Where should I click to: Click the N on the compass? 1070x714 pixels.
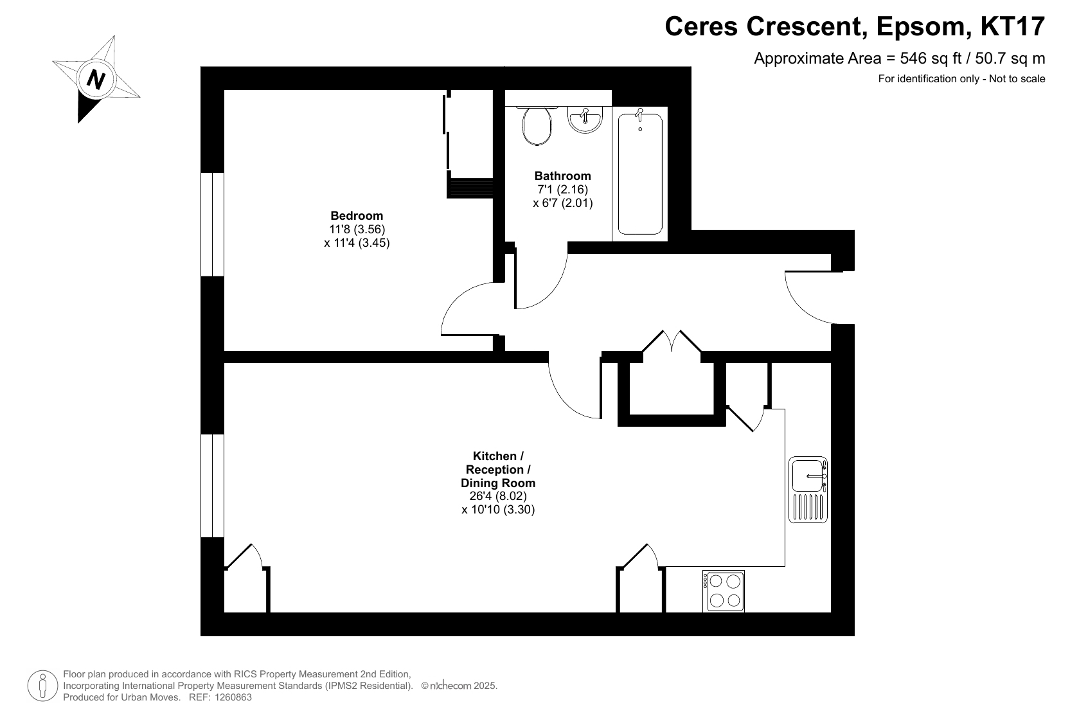coord(96,79)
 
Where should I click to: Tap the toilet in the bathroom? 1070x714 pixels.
coord(537,125)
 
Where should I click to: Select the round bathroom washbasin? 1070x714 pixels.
coord(585,120)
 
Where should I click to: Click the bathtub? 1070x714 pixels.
coord(640,174)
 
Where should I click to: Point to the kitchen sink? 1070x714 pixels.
coord(808,489)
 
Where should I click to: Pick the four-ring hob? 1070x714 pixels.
coord(723,591)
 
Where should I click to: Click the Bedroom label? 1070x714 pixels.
coord(357,215)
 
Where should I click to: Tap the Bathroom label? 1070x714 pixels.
coord(563,175)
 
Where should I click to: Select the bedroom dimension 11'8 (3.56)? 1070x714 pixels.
coord(357,229)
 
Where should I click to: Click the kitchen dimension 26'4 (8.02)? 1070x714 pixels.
coord(498,496)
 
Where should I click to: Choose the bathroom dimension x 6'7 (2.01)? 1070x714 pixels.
coord(563,203)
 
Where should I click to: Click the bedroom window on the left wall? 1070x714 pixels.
coord(212,224)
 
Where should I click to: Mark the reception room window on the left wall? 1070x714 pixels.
coord(212,486)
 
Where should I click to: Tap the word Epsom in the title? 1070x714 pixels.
coord(924,27)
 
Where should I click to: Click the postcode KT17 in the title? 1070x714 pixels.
coord(1013,26)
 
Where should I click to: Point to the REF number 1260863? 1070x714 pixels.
coord(233,697)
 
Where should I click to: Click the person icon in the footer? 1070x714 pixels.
coord(42,686)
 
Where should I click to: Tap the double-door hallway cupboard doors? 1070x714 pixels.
coord(672,341)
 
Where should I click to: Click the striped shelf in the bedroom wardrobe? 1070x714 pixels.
coord(470,188)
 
